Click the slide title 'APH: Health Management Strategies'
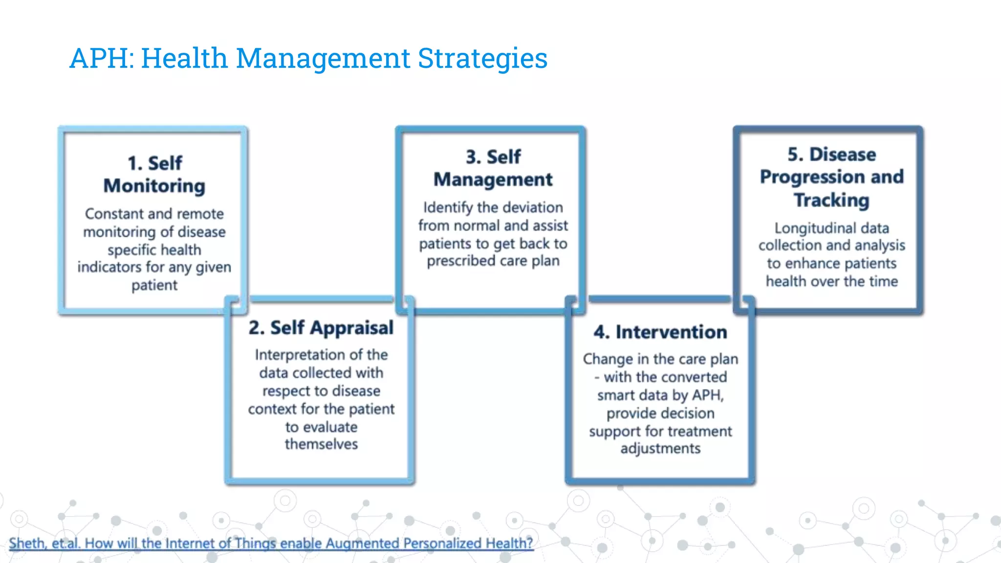point(308,58)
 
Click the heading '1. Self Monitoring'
point(154,174)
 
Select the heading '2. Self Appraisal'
point(321,328)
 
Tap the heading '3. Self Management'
point(493,168)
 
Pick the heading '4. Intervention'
point(660,332)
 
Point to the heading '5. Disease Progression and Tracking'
point(831,177)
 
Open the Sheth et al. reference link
point(271,543)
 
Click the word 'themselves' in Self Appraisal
point(321,444)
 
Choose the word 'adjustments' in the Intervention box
point(660,449)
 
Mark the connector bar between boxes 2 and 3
point(321,299)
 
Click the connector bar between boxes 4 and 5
point(659,299)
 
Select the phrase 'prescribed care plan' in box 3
point(493,261)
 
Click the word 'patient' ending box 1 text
point(154,285)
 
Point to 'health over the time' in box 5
point(831,281)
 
